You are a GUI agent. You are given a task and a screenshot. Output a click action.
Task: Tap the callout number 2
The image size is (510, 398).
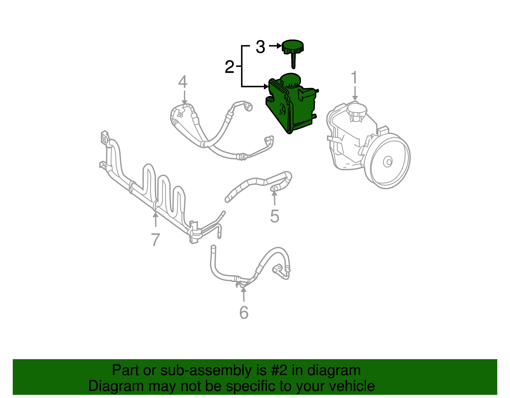[x=229, y=67]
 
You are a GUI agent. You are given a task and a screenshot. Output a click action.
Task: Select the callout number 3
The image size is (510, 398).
[x=260, y=47]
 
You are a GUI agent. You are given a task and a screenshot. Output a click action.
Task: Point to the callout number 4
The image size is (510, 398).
[x=183, y=82]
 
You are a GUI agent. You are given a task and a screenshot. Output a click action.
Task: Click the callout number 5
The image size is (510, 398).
[x=274, y=216]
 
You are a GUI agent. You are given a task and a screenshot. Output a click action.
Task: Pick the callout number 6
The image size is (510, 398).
[x=244, y=313]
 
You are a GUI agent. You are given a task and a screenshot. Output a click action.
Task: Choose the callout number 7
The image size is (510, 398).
[x=155, y=240]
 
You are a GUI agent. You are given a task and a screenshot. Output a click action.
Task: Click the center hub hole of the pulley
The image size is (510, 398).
[x=388, y=162]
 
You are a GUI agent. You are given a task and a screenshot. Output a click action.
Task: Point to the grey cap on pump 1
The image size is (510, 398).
[x=357, y=110]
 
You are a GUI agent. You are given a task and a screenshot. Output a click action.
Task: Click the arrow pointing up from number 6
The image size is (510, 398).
[x=244, y=293]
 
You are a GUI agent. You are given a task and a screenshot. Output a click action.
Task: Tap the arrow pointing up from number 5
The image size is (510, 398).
[x=274, y=196]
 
